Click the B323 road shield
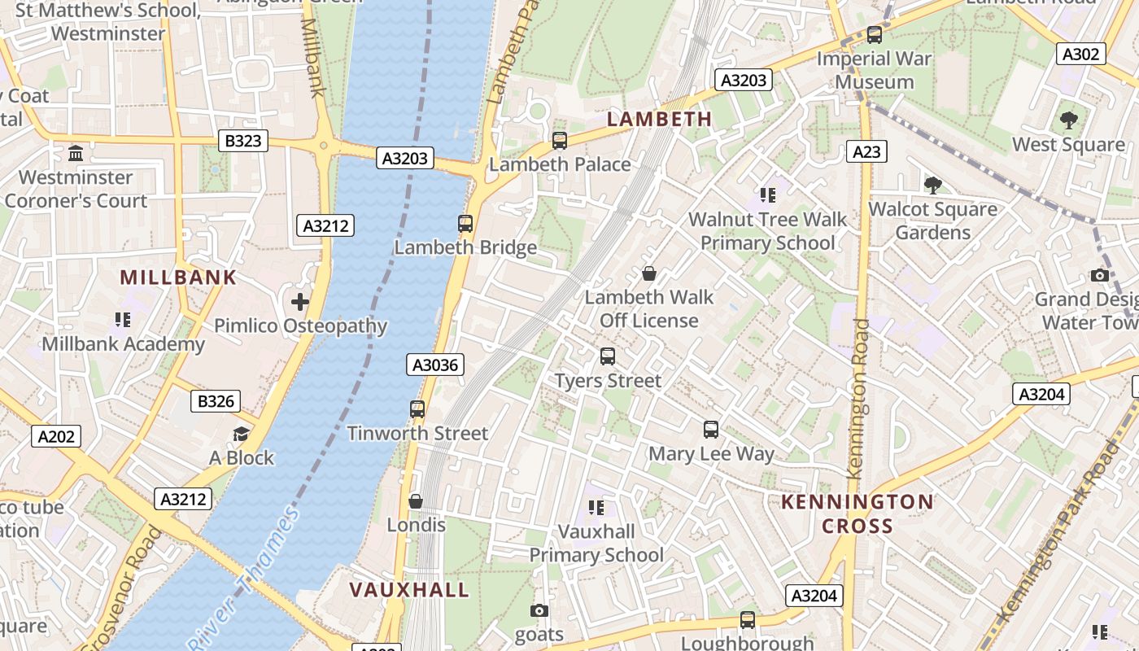[243, 141]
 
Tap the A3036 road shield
[435, 365]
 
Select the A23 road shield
[866, 151]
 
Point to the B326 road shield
[216, 400]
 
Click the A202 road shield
[56, 436]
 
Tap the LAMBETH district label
[660, 119]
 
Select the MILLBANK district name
[178, 277]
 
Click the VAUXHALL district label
[409, 589]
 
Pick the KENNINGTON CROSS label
[858, 513]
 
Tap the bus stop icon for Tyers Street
[608, 356]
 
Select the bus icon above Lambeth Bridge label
[465, 223]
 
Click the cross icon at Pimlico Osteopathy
[300, 302]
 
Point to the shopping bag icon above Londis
[416, 501]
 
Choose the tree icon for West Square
[1069, 120]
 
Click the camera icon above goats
[539, 610]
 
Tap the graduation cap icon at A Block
[241, 434]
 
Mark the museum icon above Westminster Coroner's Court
[76, 153]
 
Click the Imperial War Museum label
[875, 70]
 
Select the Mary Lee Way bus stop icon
[711, 429]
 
